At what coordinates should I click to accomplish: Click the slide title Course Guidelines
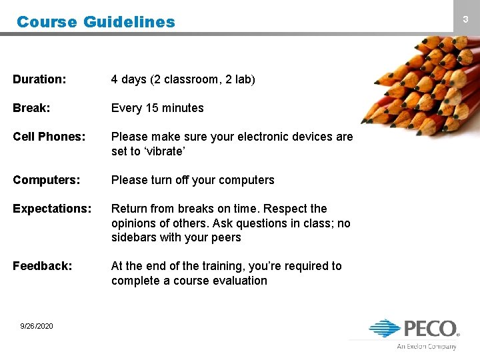click(95, 21)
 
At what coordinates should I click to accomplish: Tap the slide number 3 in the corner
click(466, 20)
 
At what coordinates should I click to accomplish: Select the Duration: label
click(39, 79)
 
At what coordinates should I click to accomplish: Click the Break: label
click(31, 108)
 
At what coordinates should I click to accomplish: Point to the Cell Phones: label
click(49, 137)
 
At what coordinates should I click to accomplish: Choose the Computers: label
click(45, 180)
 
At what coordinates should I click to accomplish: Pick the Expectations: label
click(52, 209)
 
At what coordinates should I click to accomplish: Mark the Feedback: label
click(42, 266)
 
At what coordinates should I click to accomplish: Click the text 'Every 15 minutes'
click(157, 108)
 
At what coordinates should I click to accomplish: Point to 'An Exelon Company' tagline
click(427, 347)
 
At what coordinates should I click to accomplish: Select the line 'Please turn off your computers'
click(193, 180)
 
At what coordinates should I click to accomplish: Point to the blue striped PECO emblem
click(385, 328)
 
